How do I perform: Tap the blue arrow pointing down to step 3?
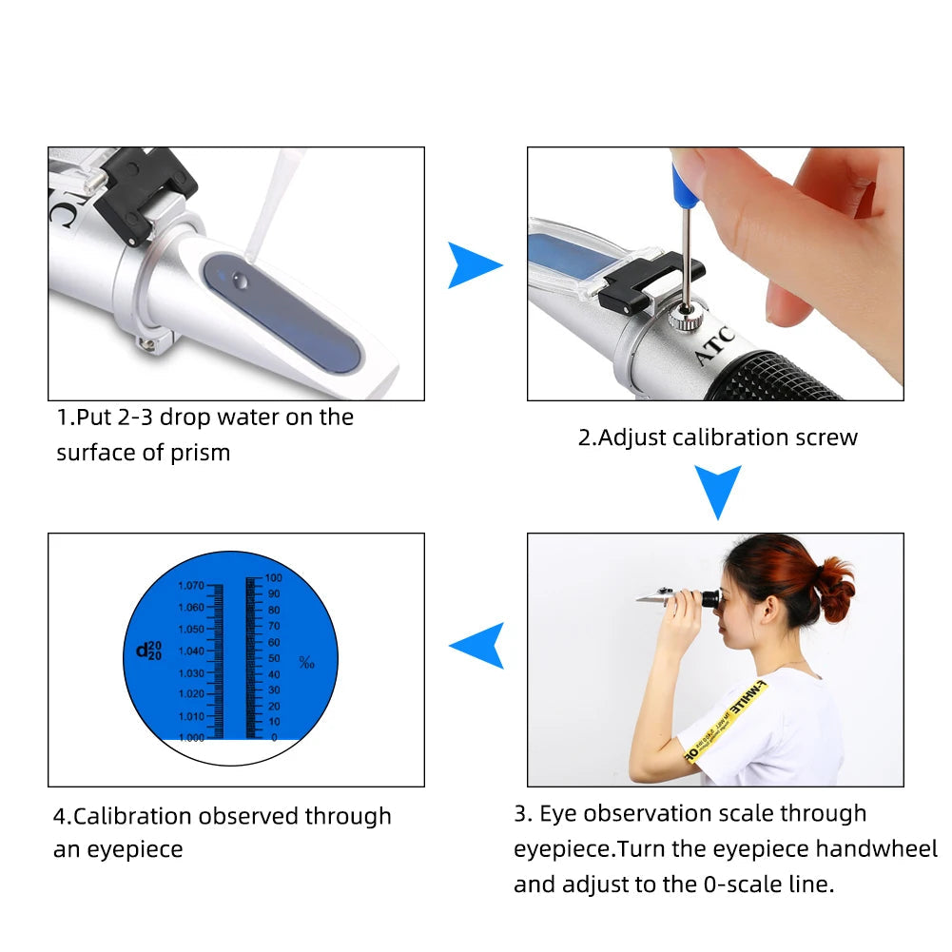[x=716, y=491]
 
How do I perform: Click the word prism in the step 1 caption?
[x=201, y=453]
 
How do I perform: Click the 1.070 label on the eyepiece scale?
[x=190, y=586]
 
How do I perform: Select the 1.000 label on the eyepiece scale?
[x=190, y=738]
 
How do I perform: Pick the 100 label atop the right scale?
[x=274, y=577]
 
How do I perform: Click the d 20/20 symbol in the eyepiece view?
[x=149, y=651]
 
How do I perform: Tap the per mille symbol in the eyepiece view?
[x=306, y=662]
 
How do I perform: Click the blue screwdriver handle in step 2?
[x=682, y=181]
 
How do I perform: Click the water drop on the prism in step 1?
[x=239, y=280]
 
